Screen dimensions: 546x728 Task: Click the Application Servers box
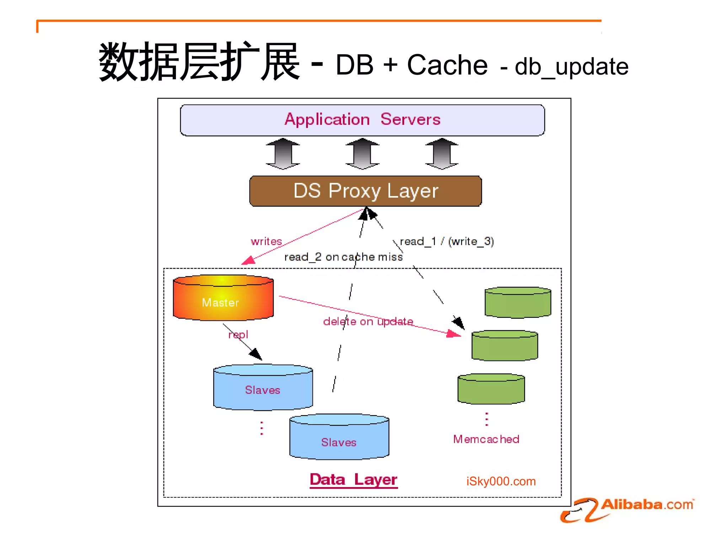[362, 120]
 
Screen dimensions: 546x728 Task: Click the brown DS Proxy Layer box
[365, 191]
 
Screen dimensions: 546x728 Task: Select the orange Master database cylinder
[223, 298]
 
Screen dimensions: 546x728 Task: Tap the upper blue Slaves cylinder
[263, 387]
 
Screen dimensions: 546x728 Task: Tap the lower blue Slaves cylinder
[339, 437]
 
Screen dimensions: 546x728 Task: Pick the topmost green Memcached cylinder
[518, 303]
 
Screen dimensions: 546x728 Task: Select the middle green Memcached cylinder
[504, 346]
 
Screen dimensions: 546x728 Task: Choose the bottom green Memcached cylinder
[491, 389]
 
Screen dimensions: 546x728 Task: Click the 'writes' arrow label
[266, 241]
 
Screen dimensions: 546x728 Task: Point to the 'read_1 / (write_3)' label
[446, 241]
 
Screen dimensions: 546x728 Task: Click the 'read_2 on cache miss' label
[343, 257]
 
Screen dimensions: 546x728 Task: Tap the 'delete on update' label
[368, 321]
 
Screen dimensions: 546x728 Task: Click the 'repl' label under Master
[238, 334]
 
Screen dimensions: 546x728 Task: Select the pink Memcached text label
[486, 439]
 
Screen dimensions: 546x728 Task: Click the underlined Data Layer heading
[353, 480]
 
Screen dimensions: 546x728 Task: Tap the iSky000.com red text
[501, 481]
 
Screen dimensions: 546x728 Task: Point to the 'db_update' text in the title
[571, 66]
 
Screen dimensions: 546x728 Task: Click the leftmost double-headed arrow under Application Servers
[283, 154]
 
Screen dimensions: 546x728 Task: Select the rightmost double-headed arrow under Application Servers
[442, 154]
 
